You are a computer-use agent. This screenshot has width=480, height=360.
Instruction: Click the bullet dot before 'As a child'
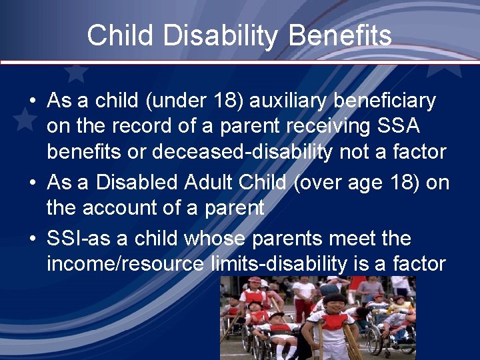33,101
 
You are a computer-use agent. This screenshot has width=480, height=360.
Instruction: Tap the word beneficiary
385,101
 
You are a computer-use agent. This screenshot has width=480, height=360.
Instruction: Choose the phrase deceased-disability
241,151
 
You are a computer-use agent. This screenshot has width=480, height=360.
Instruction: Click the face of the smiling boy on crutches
334,305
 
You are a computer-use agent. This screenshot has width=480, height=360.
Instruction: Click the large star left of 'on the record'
25,119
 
